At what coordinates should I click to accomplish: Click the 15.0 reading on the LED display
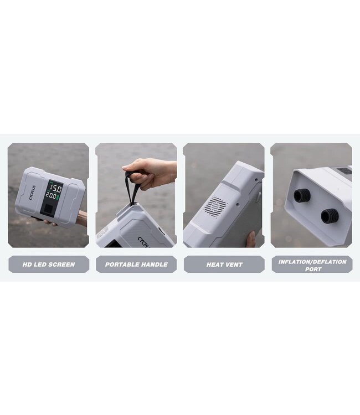[56, 189]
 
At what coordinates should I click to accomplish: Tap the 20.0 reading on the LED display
[50, 195]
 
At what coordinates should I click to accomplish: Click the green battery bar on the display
[58, 197]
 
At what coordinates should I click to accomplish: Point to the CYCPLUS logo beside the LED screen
[32, 193]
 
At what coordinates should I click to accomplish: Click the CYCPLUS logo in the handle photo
[143, 242]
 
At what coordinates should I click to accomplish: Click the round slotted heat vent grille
[215, 207]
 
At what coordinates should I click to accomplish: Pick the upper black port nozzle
[302, 195]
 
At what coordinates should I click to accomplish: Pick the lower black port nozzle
[330, 216]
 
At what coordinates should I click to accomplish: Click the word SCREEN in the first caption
[61, 264]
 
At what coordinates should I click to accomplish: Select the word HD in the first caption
[27, 264]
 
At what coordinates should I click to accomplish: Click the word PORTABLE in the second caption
[121, 264]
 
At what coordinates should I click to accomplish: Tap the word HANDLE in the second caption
[153, 264]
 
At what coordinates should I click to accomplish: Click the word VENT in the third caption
[234, 264]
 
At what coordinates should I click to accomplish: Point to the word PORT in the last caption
[313, 269]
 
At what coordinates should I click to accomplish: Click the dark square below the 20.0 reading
[48, 209]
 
